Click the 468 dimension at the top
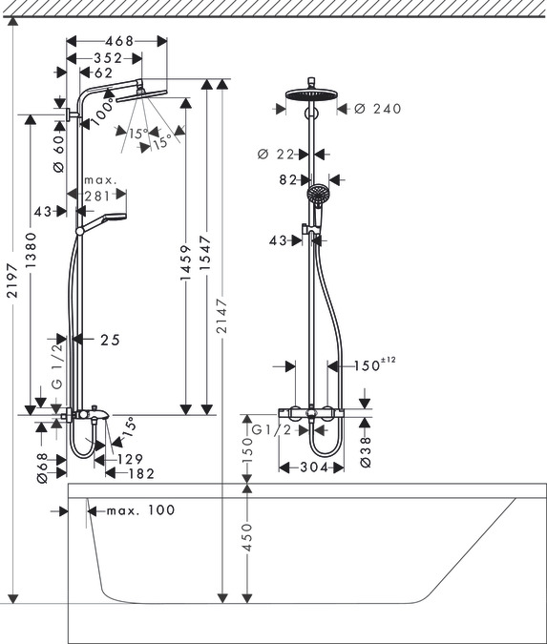(x=119, y=41)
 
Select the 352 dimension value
(x=108, y=58)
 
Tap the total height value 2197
(x=13, y=280)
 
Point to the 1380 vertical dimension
(x=32, y=250)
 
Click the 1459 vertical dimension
(x=186, y=263)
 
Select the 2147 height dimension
(x=221, y=316)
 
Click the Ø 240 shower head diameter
(x=378, y=109)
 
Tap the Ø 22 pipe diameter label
(x=276, y=155)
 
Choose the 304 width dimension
(x=314, y=467)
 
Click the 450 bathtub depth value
(x=246, y=537)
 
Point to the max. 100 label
(x=140, y=510)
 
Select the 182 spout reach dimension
(x=141, y=473)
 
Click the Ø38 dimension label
(x=366, y=452)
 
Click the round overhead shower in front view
(x=312, y=94)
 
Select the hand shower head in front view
(x=318, y=193)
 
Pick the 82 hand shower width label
(x=288, y=179)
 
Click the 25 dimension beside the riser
(x=110, y=340)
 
